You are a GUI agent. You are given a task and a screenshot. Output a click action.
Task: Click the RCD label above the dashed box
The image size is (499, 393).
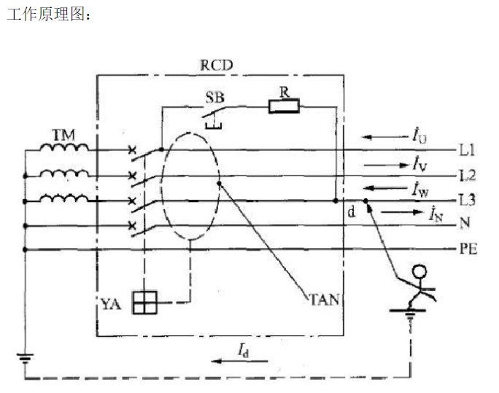[216, 65]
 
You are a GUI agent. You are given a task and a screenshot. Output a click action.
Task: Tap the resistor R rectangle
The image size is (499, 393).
[284, 106]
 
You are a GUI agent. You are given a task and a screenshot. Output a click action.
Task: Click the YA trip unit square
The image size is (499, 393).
[144, 303]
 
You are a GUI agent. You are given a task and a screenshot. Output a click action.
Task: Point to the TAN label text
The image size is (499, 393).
[325, 300]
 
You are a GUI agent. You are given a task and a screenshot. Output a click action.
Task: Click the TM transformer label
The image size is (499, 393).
[63, 135]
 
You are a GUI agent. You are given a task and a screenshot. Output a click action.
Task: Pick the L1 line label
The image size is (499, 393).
[467, 150]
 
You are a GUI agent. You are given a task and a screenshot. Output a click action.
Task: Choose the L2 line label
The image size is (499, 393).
[468, 175]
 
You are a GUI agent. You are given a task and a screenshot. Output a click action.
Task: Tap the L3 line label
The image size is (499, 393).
[468, 200]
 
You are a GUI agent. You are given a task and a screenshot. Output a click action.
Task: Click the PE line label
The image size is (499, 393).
[468, 249]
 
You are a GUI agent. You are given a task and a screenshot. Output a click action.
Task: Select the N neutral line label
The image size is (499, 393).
[465, 223]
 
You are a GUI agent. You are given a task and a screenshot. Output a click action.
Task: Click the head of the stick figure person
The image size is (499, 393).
[419, 271]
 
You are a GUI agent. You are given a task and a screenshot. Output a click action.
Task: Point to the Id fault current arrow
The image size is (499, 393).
[239, 361]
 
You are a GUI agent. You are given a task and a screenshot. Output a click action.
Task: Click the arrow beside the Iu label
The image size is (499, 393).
[384, 137]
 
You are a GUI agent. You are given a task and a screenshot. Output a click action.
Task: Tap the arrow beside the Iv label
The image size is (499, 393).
[386, 165]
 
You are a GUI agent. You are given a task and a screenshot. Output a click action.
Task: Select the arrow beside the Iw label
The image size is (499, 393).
[385, 188]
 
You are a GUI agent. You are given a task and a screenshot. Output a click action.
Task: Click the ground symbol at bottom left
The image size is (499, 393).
[25, 357]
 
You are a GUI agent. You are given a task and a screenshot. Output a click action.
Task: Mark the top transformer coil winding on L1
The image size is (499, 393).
[64, 147]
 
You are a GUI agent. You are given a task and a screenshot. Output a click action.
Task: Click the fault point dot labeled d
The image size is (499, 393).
[365, 201]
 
